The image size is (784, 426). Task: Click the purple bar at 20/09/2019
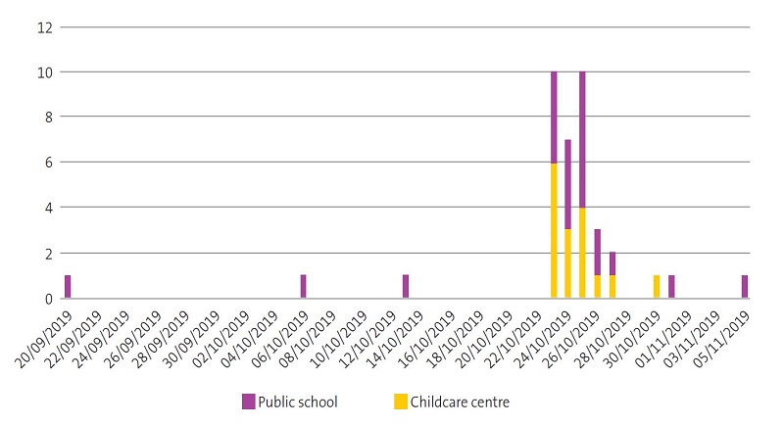coord(68,286)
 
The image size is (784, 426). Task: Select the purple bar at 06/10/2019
coord(303,286)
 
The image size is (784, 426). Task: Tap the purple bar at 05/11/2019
coord(745,286)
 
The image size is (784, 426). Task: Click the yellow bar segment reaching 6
coord(554,230)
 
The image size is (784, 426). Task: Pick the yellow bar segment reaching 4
coord(582,253)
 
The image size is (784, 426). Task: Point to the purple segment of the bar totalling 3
coord(598,253)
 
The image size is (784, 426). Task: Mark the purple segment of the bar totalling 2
coord(612,263)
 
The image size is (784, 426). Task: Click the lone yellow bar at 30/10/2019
coord(657,286)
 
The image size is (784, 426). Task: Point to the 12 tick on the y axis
coord(44,26)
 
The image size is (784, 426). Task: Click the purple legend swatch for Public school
coord(250,402)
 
